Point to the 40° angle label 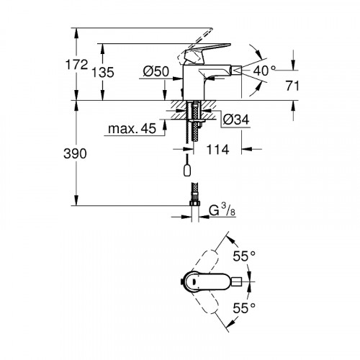point(265,71)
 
